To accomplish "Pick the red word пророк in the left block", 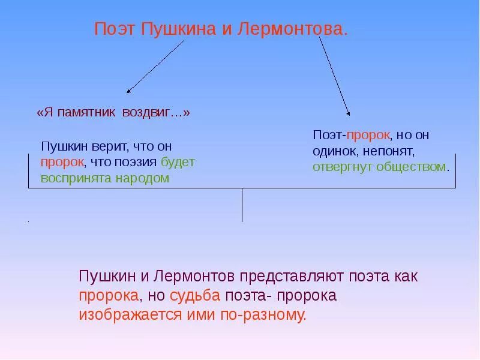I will point(62,163).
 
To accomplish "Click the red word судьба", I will point(195,296).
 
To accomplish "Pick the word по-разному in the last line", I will point(271,315).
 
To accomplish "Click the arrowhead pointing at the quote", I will point(128,91).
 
